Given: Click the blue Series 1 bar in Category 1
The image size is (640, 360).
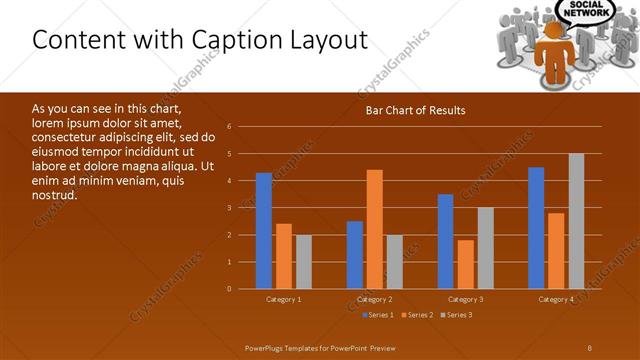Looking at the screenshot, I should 264,231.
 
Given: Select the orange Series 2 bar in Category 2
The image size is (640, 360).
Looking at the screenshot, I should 375,229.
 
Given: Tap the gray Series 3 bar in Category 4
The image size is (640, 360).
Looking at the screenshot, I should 576,221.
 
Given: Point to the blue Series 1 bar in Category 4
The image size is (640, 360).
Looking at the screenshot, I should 536,228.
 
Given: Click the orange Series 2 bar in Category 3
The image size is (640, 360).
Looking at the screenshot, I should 465,264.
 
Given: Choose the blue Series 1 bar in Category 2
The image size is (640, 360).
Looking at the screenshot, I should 355,255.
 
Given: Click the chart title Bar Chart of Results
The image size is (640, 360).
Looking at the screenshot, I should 414,110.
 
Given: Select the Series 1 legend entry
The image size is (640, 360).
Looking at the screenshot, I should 377,315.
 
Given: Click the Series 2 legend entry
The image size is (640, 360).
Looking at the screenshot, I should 416,315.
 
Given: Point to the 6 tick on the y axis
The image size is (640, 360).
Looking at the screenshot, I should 229,127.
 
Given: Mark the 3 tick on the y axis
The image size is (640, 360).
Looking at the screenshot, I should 229,208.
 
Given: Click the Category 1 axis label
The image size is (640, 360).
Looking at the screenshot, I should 284,299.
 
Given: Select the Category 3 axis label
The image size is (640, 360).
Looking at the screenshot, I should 465,299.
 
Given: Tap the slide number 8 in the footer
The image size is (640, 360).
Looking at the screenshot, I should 590,346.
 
